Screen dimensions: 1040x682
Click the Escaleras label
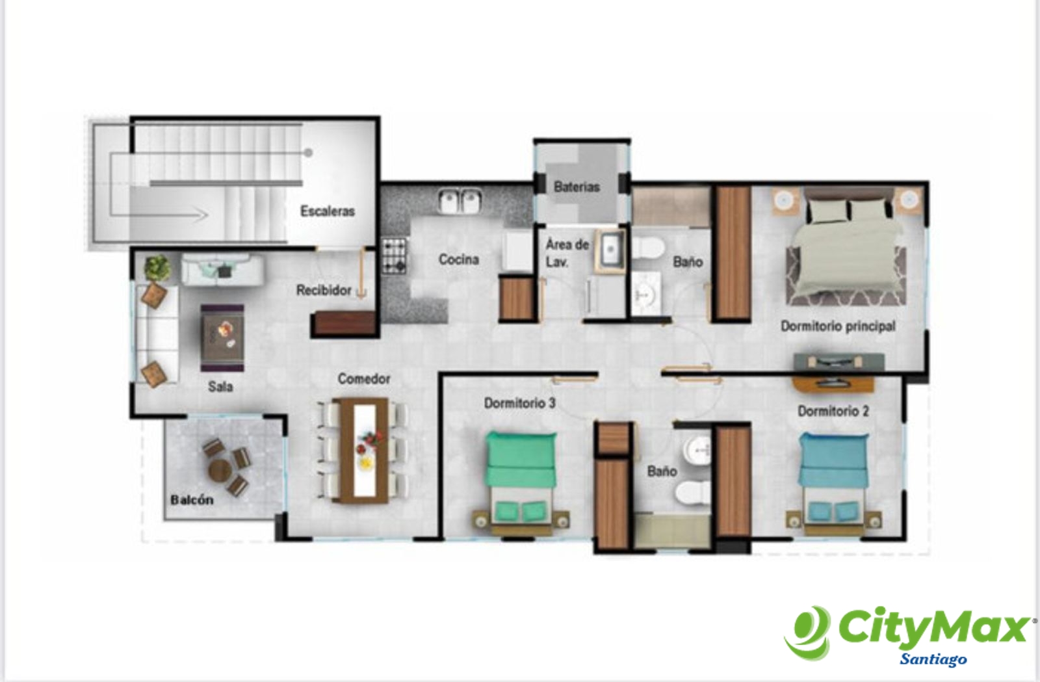(x=328, y=211)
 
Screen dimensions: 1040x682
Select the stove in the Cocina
(x=395, y=256)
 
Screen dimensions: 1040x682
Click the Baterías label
(x=577, y=187)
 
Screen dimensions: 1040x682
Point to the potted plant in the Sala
(x=157, y=268)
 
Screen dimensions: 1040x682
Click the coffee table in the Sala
(x=222, y=337)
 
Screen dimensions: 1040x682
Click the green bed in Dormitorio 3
(x=521, y=483)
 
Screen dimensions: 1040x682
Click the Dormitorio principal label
(x=838, y=326)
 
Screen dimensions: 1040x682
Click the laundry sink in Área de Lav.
(x=610, y=250)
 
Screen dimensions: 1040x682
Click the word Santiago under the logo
(x=933, y=659)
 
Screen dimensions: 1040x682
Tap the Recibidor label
(x=324, y=291)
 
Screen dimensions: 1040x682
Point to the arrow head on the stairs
(x=201, y=215)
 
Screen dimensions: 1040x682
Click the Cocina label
(x=459, y=259)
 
